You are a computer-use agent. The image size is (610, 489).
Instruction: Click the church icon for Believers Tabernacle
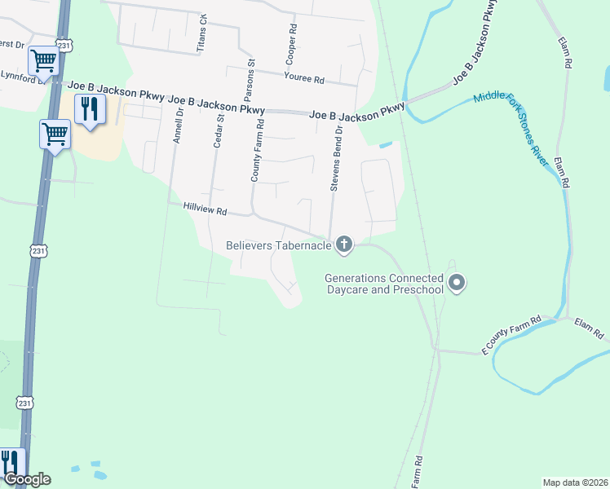pyautogui.click(x=344, y=244)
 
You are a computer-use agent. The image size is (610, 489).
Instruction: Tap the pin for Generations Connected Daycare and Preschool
pyautogui.click(x=457, y=283)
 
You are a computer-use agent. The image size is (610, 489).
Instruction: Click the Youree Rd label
pyautogui.click(x=304, y=79)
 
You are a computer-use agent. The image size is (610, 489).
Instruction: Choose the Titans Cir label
pyautogui.click(x=201, y=33)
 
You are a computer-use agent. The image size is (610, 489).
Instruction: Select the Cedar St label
pyautogui.click(x=218, y=131)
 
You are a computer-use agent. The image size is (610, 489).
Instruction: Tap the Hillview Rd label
pyautogui.click(x=204, y=210)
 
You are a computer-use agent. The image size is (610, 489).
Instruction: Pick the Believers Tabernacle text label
pyautogui.click(x=279, y=244)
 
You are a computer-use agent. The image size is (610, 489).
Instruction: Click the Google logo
pyautogui.click(x=26, y=479)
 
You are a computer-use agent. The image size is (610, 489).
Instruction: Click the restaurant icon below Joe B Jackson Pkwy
pyautogui.click(x=90, y=108)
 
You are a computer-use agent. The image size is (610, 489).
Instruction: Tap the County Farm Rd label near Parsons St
pyautogui.click(x=257, y=150)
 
